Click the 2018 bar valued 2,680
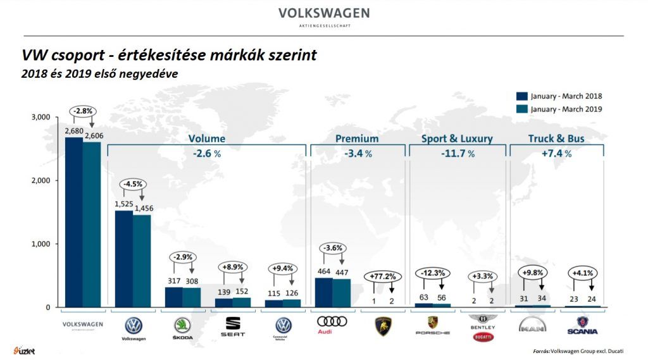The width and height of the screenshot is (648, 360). [x=73, y=222]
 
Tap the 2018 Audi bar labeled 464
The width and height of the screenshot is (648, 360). [x=323, y=292]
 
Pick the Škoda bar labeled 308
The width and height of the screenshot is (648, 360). [x=191, y=297]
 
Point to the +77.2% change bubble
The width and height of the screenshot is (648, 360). [x=382, y=276]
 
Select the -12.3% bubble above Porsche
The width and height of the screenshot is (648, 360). [x=432, y=273]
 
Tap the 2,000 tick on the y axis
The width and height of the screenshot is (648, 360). [x=40, y=181]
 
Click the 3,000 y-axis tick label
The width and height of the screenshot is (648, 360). [x=40, y=118]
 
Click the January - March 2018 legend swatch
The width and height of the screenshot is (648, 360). [x=522, y=96]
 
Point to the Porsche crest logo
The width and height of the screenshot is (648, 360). [x=432, y=321]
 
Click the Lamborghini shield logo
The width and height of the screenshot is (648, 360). [x=382, y=325]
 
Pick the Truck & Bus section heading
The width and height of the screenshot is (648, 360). [x=556, y=139]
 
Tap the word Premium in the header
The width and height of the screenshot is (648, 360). [x=357, y=139]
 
